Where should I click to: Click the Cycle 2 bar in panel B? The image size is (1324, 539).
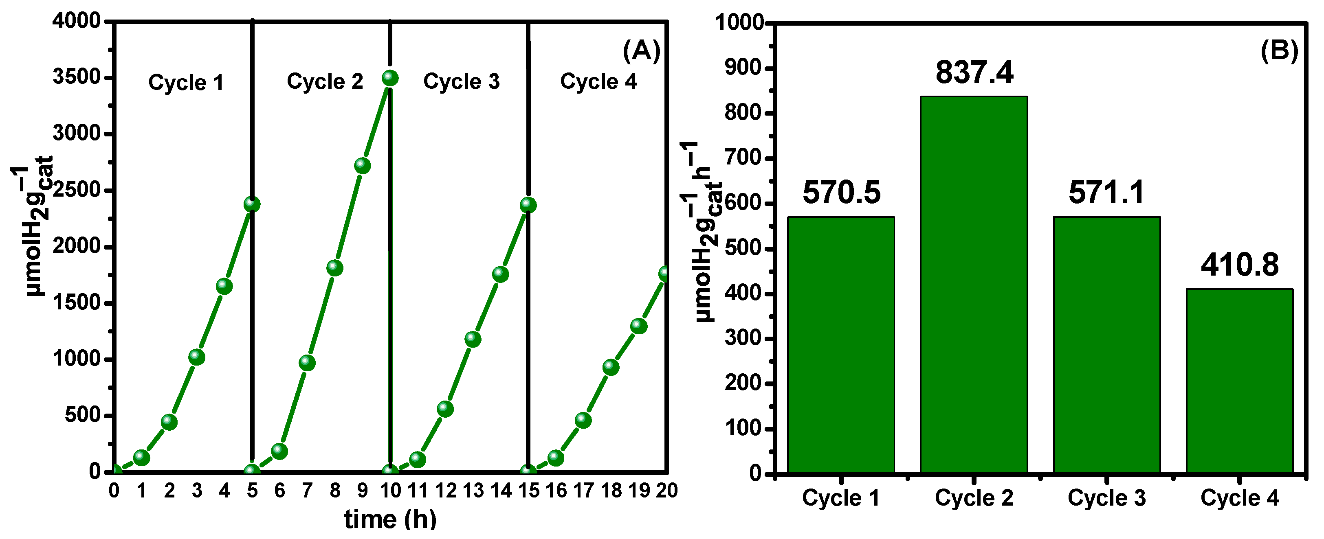(974, 284)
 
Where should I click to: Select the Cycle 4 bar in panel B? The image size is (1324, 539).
(1239, 380)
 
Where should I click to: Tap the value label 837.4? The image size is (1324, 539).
(974, 72)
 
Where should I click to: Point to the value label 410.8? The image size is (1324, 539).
(1239, 265)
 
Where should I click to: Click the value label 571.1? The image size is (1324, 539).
(1106, 193)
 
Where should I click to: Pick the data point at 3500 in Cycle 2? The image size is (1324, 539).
(390, 78)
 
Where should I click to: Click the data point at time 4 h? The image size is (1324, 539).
(224, 286)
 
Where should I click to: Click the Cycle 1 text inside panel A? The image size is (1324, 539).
(186, 83)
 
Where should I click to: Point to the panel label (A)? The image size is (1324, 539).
(641, 51)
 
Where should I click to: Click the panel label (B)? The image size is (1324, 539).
(1279, 51)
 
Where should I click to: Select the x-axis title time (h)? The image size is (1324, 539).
(390, 519)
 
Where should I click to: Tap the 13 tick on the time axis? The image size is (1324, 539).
(473, 491)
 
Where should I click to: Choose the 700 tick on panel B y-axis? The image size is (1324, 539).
(743, 158)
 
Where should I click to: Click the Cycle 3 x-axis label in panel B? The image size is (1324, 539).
(1106, 498)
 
